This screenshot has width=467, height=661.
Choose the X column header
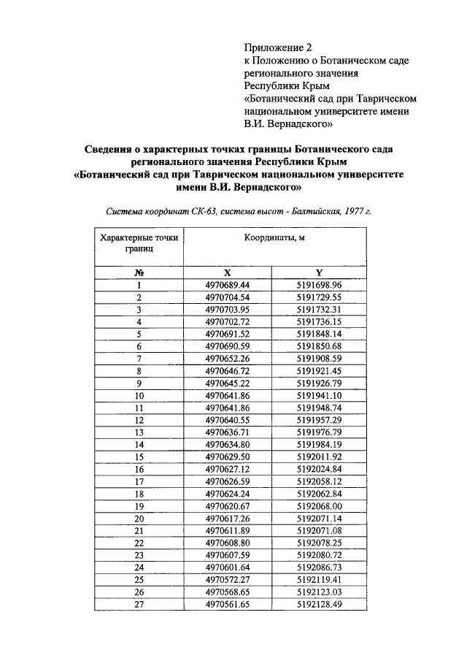[228, 272]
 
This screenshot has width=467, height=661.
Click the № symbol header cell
[139, 272]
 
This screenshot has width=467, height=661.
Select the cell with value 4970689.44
[228, 284]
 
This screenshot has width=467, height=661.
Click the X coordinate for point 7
[228, 359]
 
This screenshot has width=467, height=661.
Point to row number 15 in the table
[139, 456]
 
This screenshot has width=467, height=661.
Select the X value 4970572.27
[228, 580]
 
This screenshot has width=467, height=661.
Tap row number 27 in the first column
[139, 605]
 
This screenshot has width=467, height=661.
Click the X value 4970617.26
[228, 519]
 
